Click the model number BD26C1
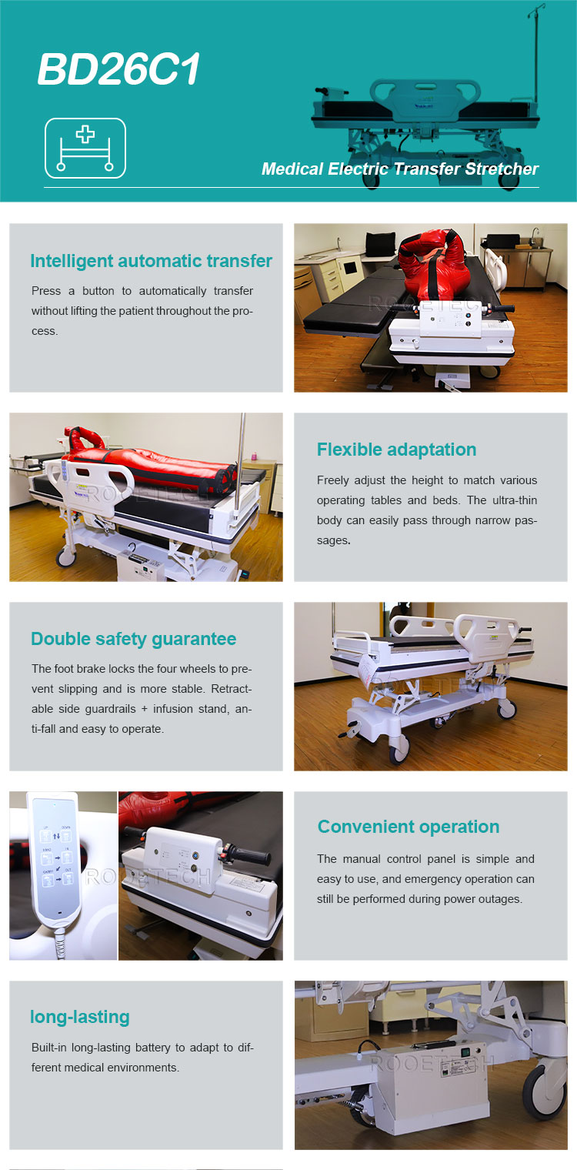coord(118,69)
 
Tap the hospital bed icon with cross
coord(85,149)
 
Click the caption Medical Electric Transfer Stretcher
coord(399,169)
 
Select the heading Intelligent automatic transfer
coord(151,261)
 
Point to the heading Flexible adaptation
coord(396,450)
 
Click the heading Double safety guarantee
coord(133,639)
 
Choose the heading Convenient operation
coord(409,827)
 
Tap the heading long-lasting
coord(79,1017)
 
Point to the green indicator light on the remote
coord(54,804)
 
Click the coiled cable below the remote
coord(61,944)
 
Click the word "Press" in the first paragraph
coord(46,290)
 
